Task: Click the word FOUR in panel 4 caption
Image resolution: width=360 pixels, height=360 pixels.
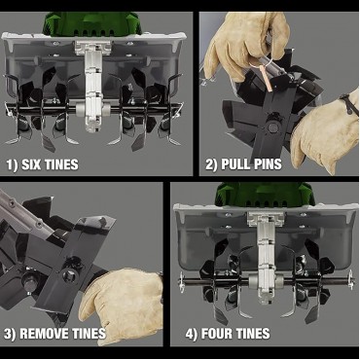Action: (217, 334)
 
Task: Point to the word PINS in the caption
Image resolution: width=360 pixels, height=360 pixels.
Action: (268, 164)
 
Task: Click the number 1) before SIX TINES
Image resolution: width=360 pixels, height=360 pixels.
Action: (13, 164)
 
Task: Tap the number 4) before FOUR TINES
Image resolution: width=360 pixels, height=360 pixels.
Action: (192, 334)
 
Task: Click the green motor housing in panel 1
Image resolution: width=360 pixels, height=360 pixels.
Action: (92, 23)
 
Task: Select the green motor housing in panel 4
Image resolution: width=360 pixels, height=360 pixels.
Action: (265, 194)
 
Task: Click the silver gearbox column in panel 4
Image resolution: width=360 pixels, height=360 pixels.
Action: (266, 256)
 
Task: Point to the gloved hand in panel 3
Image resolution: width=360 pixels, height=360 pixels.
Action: (122, 305)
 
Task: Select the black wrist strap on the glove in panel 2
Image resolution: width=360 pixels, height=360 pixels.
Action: (349, 104)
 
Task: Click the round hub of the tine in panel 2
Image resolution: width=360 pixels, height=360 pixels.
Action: (272, 127)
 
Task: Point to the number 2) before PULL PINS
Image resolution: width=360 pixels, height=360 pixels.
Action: (212, 164)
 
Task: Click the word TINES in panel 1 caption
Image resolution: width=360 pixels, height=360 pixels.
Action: (61, 164)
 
